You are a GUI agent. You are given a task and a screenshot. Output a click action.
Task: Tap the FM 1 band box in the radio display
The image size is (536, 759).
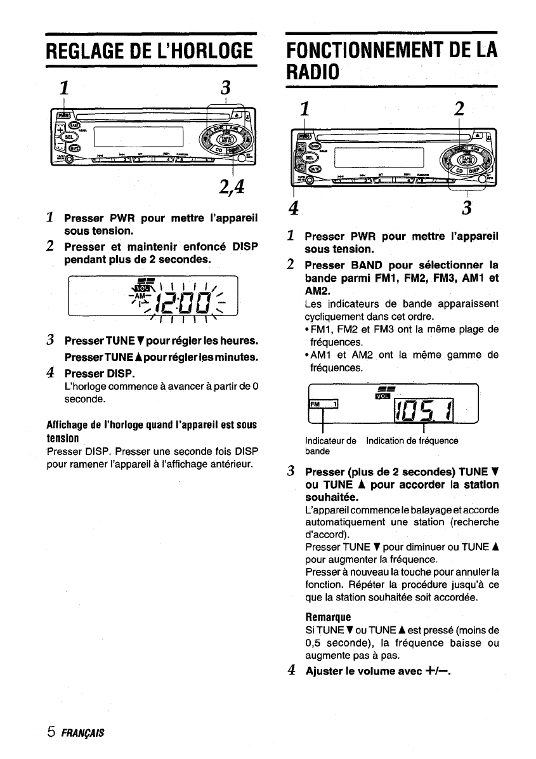click(x=324, y=404)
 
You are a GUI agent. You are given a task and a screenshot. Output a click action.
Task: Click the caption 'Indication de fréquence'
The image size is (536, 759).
click(x=412, y=440)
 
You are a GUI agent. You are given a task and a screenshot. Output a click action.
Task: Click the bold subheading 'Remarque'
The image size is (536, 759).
click(x=328, y=616)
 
